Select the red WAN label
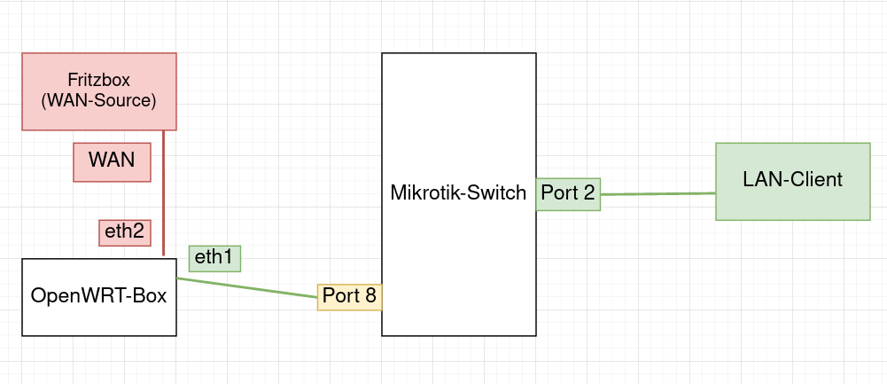(x=112, y=161)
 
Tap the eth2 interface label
(x=124, y=232)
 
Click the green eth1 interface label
(x=214, y=258)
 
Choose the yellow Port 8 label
(x=350, y=296)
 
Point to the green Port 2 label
(x=568, y=193)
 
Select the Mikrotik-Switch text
(x=458, y=192)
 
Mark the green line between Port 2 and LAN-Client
(x=657, y=193)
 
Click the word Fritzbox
(x=98, y=80)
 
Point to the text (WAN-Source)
(x=98, y=100)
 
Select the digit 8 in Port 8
(x=370, y=296)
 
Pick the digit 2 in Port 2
(x=588, y=193)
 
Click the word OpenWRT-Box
(x=98, y=296)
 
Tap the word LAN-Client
(x=792, y=180)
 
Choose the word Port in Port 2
(x=558, y=193)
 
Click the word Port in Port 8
(x=340, y=296)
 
